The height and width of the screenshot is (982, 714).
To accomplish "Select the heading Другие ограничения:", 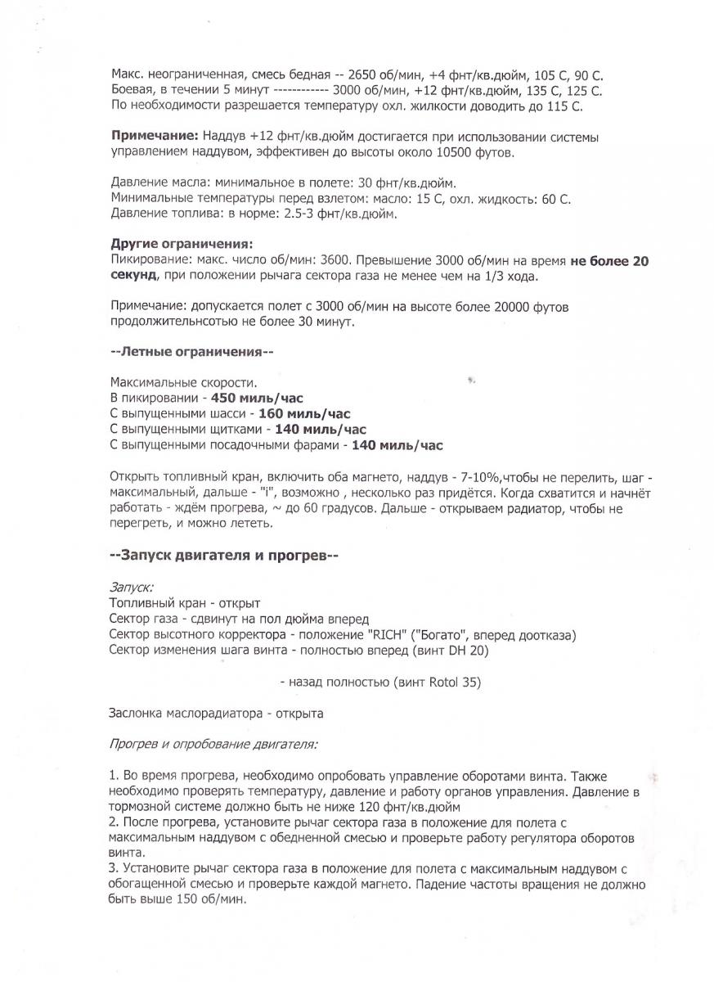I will (x=182, y=244).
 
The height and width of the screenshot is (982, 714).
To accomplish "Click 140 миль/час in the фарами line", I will (x=397, y=444).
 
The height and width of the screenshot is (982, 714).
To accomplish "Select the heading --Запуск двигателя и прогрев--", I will (x=224, y=555).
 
